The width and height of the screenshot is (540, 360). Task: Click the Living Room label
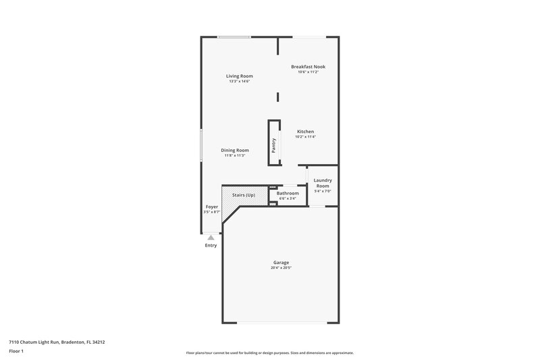click(239, 76)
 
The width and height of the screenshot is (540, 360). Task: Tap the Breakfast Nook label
click(308, 67)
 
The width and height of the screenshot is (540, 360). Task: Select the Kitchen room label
click(305, 132)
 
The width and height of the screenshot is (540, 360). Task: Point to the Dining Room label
click(234, 150)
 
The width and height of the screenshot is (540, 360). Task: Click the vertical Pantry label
click(274, 146)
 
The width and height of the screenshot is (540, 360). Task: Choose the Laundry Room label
click(323, 183)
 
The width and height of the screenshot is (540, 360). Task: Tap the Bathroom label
click(288, 193)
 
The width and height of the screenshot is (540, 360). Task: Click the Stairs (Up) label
click(244, 195)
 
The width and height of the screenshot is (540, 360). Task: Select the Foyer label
click(212, 207)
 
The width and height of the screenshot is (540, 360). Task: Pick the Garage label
click(281, 262)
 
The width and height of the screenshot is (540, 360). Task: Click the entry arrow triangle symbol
click(211, 237)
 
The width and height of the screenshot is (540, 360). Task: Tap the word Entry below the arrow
click(211, 245)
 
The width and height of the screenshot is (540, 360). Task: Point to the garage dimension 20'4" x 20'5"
click(281, 267)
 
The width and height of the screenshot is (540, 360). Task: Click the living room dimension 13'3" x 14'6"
click(239, 82)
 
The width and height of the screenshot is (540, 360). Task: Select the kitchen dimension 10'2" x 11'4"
click(305, 137)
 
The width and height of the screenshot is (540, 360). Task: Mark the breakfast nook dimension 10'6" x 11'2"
click(308, 72)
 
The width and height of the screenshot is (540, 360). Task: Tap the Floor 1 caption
click(16, 351)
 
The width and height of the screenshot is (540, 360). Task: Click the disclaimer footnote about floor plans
click(270, 353)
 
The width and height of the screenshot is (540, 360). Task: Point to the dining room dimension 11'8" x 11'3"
click(234, 155)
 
